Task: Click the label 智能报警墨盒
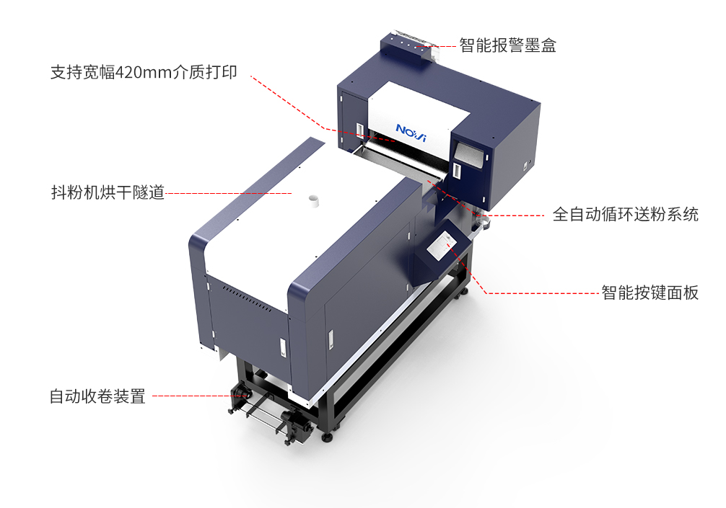coord(507,45)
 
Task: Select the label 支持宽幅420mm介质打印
coord(144,72)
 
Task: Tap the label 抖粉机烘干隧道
coord(108,192)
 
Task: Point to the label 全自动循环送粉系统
coord(625,215)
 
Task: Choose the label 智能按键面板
coord(650,293)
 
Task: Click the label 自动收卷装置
coord(97,396)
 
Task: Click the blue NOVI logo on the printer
coord(411,132)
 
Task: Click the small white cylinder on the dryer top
coord(315,200)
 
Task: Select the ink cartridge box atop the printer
coord(409,46)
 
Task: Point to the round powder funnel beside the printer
coord(483,223)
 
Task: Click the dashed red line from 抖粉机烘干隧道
coord(229,193)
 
